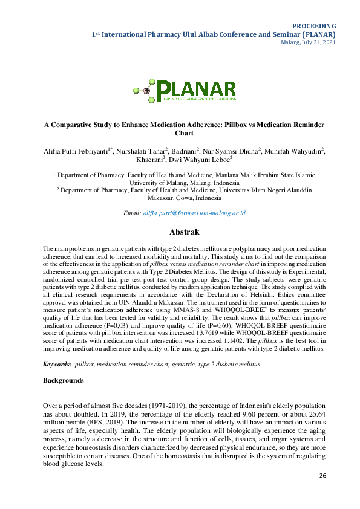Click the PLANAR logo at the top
[x=185, y=91]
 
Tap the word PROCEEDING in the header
[x=314, y=26]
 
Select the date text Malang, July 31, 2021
[x=309, y=43]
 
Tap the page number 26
[x=323, y=476]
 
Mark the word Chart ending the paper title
[x=184, y=133]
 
